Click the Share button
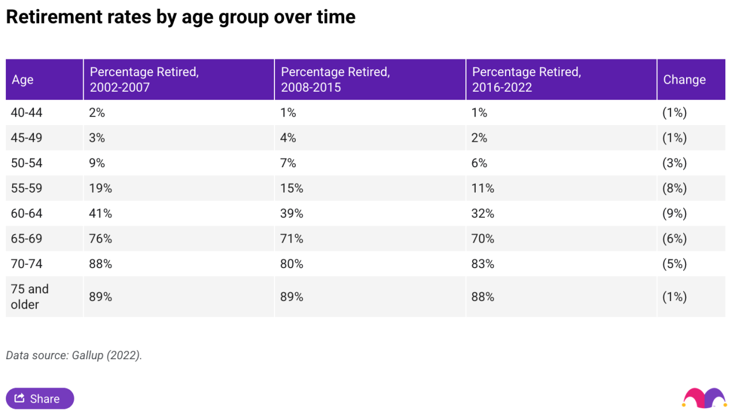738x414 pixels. [40, 398]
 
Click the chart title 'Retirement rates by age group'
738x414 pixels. [180, 17]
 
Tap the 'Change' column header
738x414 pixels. [684, 80]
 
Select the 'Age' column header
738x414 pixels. [22, 80]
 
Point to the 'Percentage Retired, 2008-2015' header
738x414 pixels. [336, 80]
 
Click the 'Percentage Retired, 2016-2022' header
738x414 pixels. [526, 80]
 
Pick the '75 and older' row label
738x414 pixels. [30, 296]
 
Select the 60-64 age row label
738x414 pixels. [27, 213]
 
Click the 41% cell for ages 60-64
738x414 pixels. [100, 213]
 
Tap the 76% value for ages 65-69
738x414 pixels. [100, 239]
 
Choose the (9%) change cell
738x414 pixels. [675, 213]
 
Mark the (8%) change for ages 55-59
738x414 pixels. [675, 189]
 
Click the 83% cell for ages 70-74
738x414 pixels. [483, 264]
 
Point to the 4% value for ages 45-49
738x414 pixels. [288, 138]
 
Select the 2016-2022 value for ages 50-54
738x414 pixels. [480, 163]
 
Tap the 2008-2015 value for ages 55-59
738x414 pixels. [292, 189]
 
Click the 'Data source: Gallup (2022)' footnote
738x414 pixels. [74, 355]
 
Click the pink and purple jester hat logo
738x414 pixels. [704, 398]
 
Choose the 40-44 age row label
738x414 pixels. [27, 113]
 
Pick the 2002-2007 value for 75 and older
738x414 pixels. [100, 297]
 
